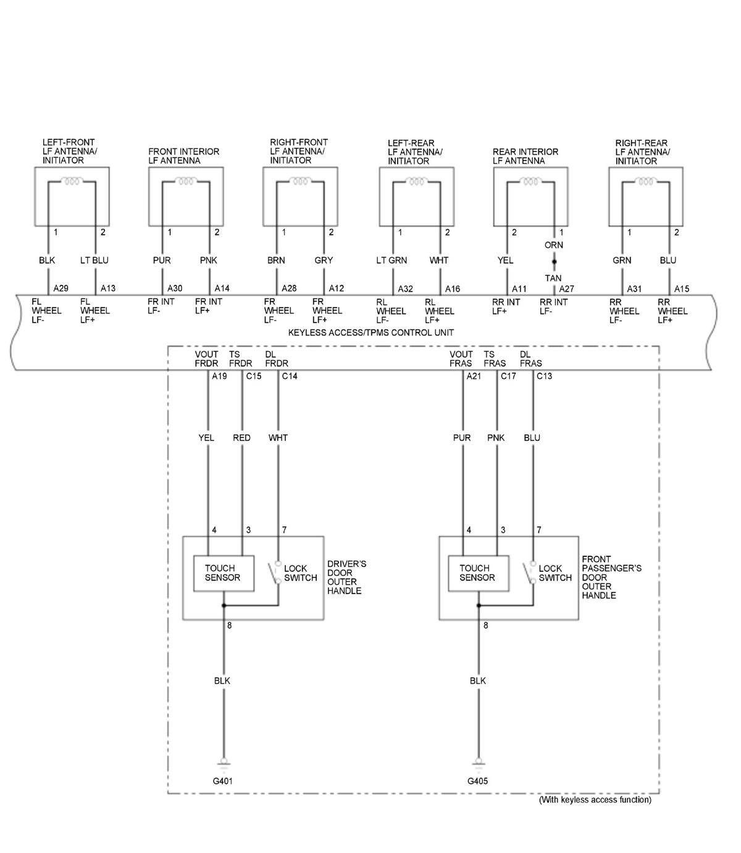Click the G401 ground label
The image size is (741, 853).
pos(223,781)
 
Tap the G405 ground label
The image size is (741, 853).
pos(477,781)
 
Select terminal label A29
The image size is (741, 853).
pos(61,288)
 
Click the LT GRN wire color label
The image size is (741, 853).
pos(391,260)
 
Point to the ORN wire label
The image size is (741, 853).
pos(553,245)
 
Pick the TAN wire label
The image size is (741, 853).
pos(553,278)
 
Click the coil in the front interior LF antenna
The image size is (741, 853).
pos(185,182)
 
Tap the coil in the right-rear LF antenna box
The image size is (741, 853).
pos(645,182)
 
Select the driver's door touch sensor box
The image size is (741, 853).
pos(223,573)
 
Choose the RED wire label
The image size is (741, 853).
pos(241,438)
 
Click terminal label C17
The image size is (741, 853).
pos(508,376)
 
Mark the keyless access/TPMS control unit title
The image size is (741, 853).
pos(371,333)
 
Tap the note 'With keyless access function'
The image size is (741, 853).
pos(595,799)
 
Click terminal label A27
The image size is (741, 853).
pos(567,289)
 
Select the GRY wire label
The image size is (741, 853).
pos(324,260)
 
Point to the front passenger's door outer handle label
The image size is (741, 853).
pos(603,577)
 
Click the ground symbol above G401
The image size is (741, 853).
pos(223,763)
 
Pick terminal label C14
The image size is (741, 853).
pos(290,376)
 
